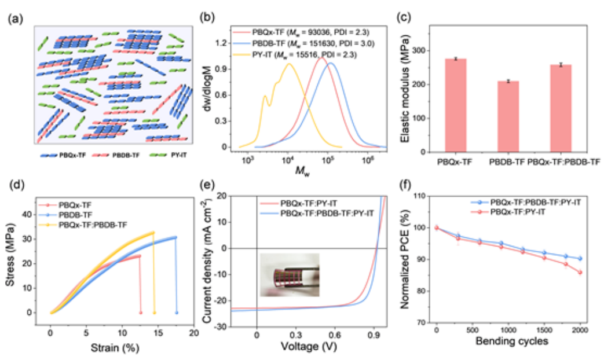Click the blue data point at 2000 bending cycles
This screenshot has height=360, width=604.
tap(580, 259)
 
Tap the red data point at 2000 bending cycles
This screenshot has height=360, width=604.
tap(580, 272)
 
